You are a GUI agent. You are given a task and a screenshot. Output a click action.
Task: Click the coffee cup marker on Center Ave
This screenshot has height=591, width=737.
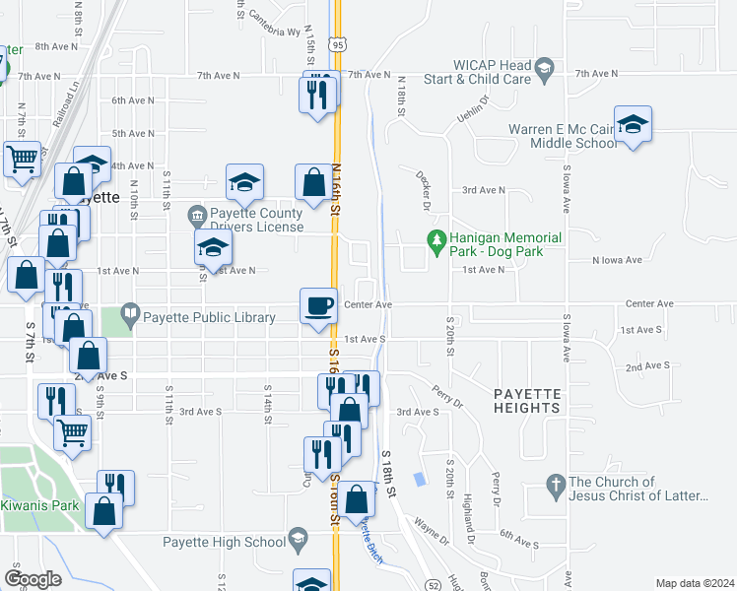[317, 305]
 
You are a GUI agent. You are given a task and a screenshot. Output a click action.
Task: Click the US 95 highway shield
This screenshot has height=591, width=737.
[338, 44]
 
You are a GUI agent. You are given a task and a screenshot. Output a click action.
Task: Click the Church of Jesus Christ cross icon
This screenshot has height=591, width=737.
[555, 486]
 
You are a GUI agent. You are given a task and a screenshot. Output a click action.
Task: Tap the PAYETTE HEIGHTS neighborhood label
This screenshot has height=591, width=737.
[527, 401]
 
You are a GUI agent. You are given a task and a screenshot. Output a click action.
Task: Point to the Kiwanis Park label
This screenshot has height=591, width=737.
[39, 505]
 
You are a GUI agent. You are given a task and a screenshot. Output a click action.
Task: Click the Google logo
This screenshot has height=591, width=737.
[33, 578]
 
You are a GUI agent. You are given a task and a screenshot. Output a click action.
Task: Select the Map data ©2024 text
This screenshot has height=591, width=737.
[694, 583]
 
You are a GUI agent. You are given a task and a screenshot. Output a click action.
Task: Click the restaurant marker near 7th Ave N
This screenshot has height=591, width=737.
[318, 92]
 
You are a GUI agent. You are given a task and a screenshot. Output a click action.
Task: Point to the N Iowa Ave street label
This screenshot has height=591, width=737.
[616, 260]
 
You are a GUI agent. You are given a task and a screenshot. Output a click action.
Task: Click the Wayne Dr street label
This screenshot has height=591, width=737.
[431, 532]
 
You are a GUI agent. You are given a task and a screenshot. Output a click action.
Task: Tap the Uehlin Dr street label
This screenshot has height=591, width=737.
[474, 109]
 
